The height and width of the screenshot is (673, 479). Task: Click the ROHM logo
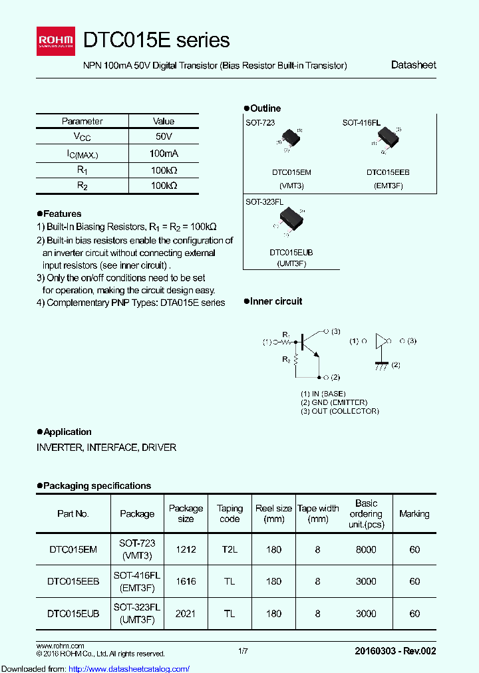coord(58,41)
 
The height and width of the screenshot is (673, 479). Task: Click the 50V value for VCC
coord(164,136)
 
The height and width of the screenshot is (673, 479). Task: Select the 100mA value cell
coord(164,153)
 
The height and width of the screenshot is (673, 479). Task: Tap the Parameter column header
coord(82,121)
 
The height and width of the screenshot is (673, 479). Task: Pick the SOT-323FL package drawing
coord(291,219)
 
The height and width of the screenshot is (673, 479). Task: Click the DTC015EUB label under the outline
coord(291,253)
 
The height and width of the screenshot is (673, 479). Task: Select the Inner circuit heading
coord(275,301)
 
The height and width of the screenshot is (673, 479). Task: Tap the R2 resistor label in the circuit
coord(286,360)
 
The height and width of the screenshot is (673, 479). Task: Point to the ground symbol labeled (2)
coord(381,365)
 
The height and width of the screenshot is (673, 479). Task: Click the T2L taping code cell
coord(230,549)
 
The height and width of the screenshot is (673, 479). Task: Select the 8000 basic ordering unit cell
coord(366,549)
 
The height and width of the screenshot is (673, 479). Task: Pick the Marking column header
coord(414,513)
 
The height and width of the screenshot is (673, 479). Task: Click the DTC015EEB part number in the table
coord(73,581)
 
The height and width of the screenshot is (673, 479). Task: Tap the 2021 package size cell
coord(186,613)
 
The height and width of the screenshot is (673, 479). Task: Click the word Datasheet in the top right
coord(413,65)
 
